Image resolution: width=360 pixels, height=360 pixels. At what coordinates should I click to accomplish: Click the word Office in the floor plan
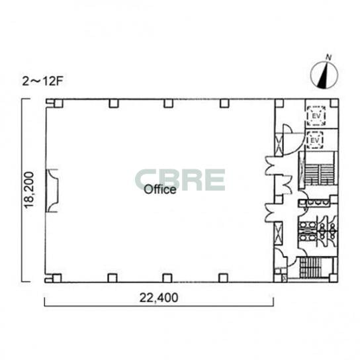[160, 190]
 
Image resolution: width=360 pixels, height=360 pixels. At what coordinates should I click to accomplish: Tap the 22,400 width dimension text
[159, 298]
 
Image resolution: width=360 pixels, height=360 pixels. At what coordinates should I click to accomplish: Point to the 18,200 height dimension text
[29, 190]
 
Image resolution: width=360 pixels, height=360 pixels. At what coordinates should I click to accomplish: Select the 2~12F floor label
[42, 81]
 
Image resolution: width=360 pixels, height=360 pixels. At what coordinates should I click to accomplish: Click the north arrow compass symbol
[324, 74]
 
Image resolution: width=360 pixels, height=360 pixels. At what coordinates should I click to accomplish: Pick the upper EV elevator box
[316, 116]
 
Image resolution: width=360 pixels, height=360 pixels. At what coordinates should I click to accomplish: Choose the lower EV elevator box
[315, 140]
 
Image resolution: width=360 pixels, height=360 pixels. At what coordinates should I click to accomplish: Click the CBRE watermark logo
[180, 180]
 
